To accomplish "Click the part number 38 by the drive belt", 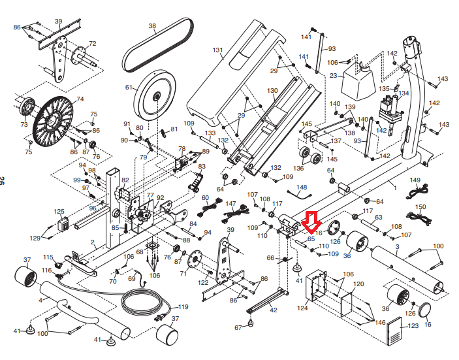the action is tap(152, 26).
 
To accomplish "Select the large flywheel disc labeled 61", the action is tap(155, 95).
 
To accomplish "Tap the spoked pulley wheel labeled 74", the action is tap(53, 122).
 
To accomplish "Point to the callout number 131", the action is tap(217, 50).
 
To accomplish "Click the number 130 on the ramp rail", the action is tap(272, 91).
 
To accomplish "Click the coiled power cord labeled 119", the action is tap(144, 302).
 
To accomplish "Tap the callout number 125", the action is tap(59, 212).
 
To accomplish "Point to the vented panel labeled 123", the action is tap(394, 331).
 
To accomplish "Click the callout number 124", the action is tap(302, 308).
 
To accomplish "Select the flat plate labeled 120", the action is tap(346, 304).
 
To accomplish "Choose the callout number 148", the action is tap(302, 187).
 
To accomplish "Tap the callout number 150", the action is tap(420, 207).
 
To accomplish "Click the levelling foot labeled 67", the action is tap(250, 323).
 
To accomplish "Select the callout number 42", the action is tap(273, 310).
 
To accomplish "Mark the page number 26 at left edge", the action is tap(3, 180).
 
